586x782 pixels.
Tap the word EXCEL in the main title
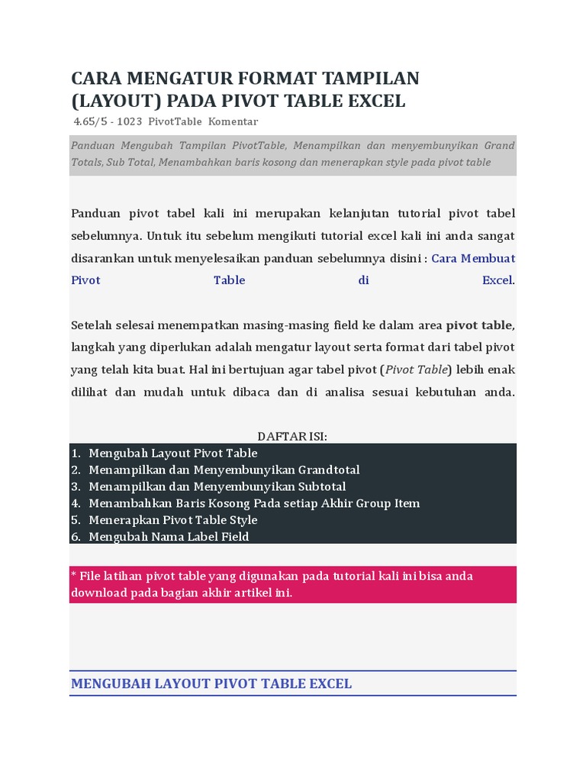377,102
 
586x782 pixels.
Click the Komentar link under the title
233,122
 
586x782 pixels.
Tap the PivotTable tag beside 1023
175,122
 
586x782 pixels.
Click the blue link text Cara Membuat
473,258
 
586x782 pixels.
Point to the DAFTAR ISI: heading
292,436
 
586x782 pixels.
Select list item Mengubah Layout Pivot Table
173,453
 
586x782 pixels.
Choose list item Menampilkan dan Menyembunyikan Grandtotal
224,470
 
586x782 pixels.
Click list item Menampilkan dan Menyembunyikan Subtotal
217,486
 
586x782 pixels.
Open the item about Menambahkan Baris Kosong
254,503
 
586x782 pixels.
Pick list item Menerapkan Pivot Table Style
173,520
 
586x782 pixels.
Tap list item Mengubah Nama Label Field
169,537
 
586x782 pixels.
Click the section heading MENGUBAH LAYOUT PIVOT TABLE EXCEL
211,683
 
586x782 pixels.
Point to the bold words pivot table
480,325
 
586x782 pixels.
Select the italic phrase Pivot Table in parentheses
417,370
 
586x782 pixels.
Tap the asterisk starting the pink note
74,575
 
